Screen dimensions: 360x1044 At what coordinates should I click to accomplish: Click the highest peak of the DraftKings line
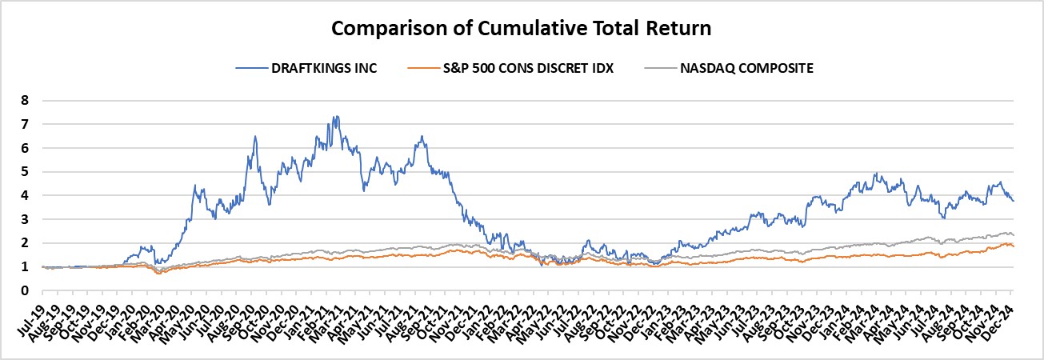click(x=334, y=117)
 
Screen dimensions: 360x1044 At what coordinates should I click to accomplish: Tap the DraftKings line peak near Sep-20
click(x=255, y=136)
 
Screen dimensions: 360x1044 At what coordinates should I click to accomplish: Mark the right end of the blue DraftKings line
click(x=1014, y=201)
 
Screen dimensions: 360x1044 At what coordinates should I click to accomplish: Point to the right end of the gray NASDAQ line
click(x=1014, y=234)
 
